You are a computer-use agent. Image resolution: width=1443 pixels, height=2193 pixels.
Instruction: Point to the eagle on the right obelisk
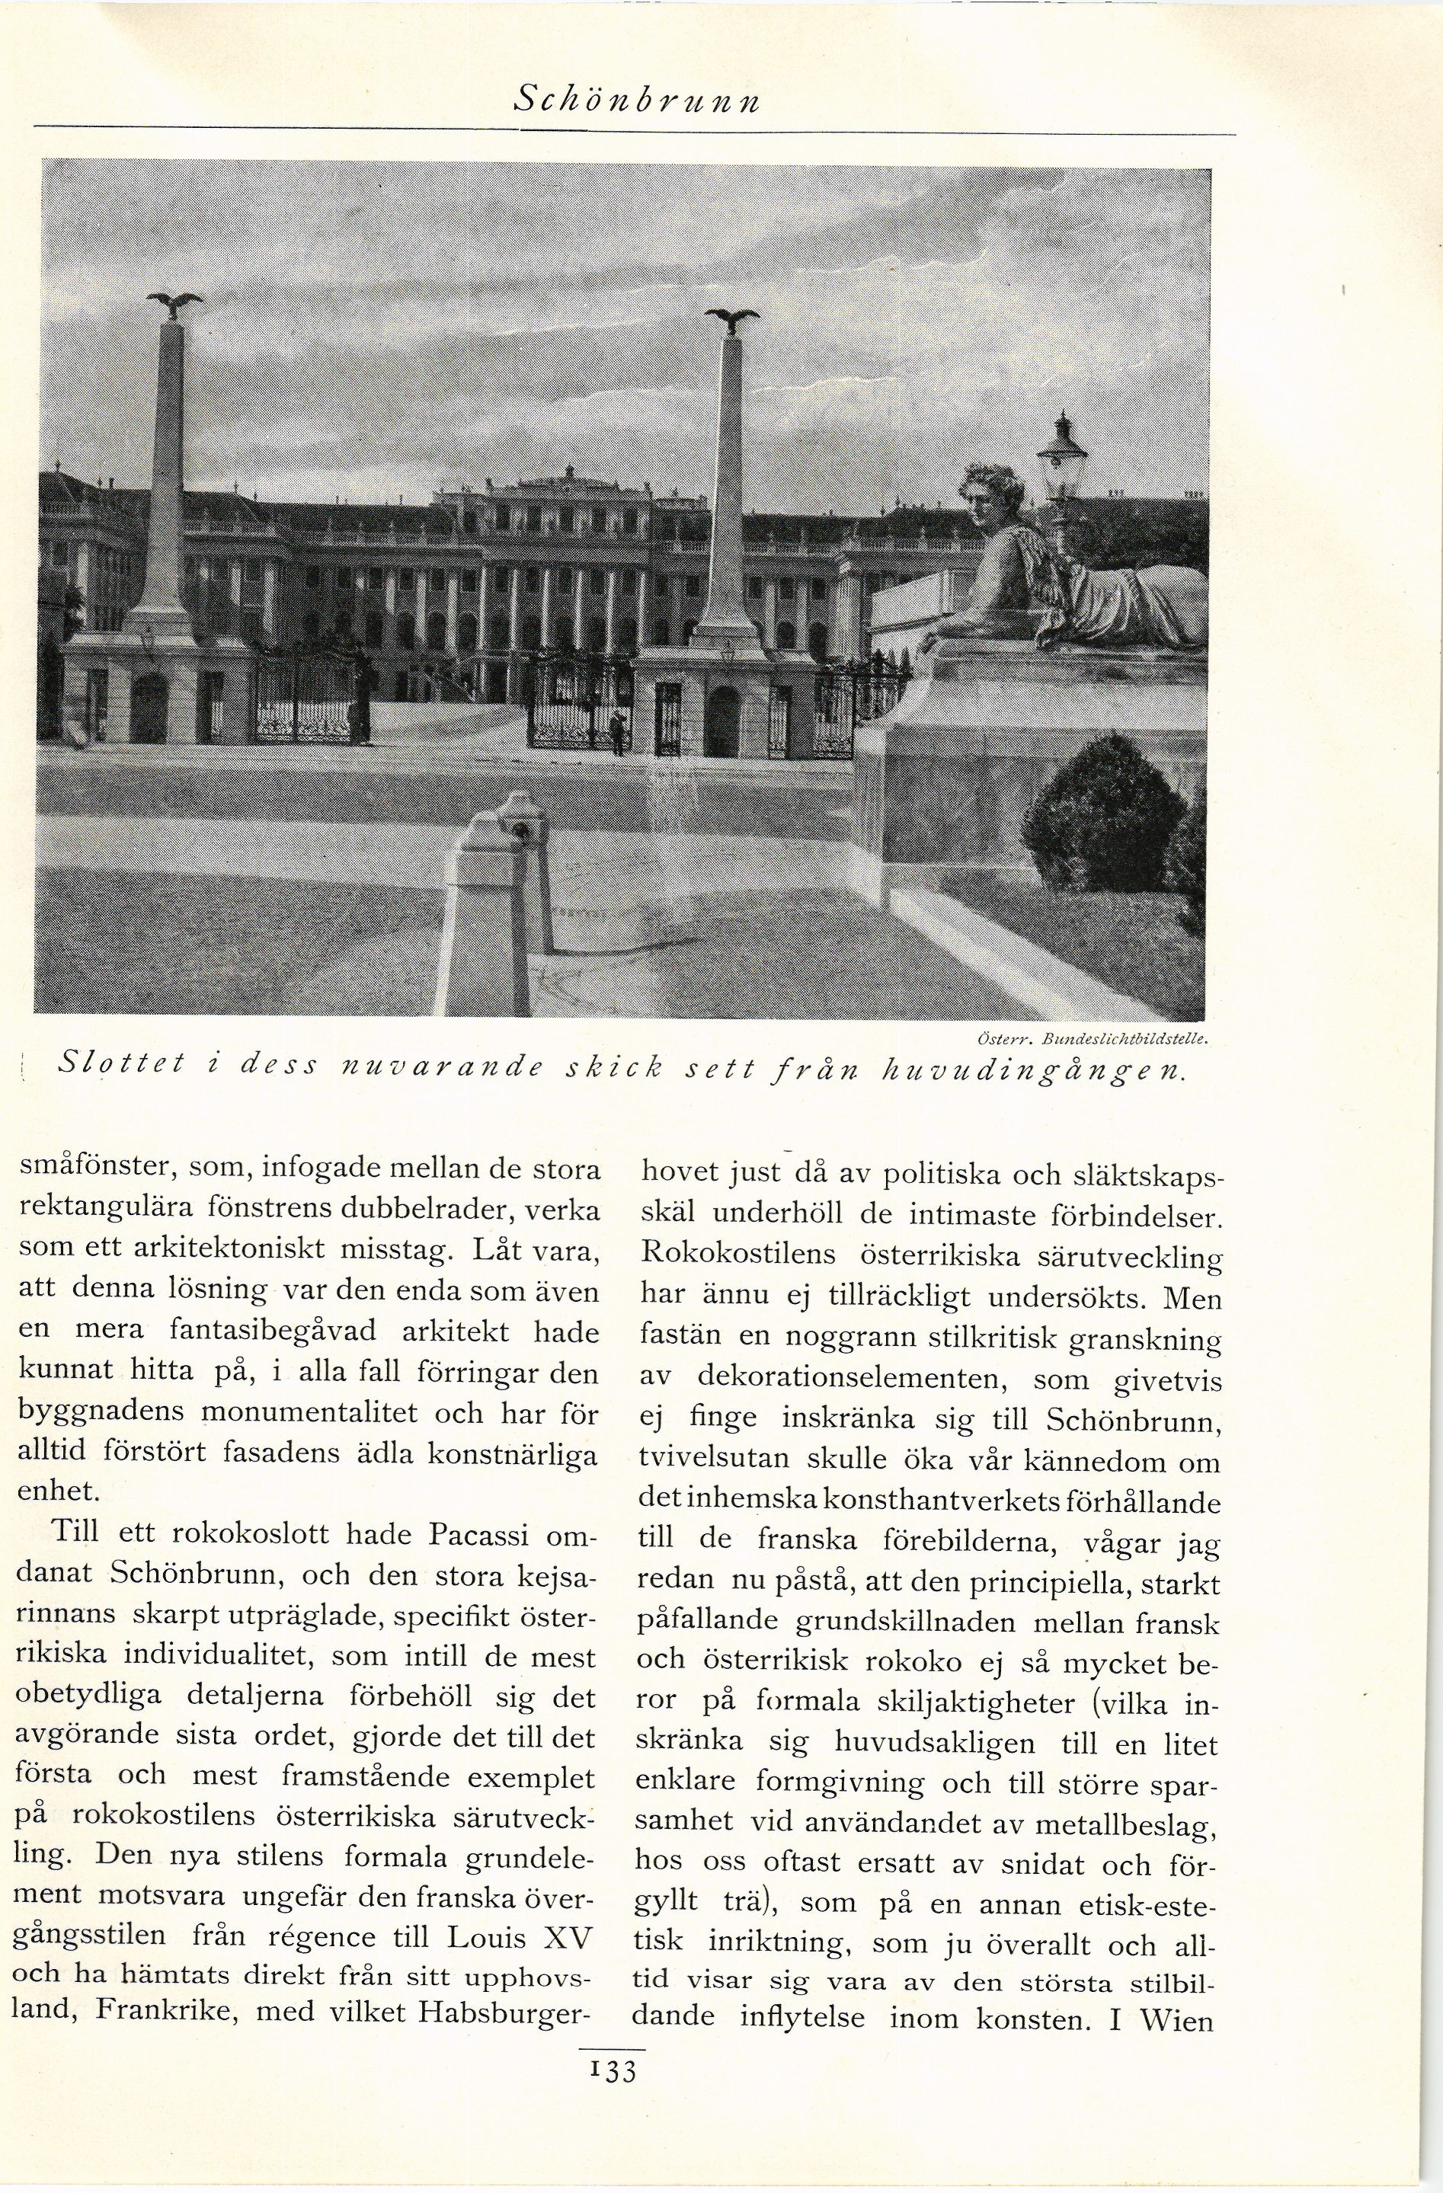pos(733,319)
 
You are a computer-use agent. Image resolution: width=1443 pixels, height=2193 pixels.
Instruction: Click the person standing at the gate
pos(617,734)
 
